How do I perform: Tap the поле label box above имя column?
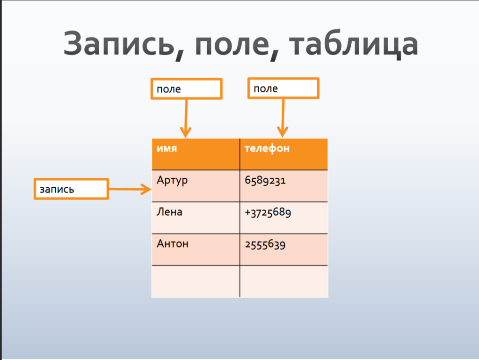pyautogui.click(x=186, y=88)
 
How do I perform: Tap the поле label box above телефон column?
pyautogui.click(x=283, y=88)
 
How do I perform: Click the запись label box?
pyautogui.click(x=71, y=189)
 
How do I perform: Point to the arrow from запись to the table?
pyautogui.click(x=130, y=189)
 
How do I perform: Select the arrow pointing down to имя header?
pyautogui.click(x=186, y=118)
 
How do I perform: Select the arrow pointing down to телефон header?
pyautogui.click(x=283, y=118)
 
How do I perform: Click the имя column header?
pyautogui.click(x=196, y=154)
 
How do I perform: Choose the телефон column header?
pyautogui.click(x=284, y=154)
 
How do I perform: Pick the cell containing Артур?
pyautogui.click(x=196, y=186)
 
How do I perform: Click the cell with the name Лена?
pyautogui.click(x=196, y=218)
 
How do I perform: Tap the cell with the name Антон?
pyautogui.click(x=196, y=250)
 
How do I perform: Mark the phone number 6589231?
pyautogui.click(x=265, y=180)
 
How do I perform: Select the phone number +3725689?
pyautogui.click(x=268, y=212)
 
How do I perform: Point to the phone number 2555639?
pyautogui.click(x=265, y=244)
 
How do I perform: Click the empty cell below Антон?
pyautogui.click(x=196, y=281)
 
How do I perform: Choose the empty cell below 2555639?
pyautogui.click(x=284, y=281)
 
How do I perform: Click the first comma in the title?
pyautogui.click(x=180, y=55)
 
